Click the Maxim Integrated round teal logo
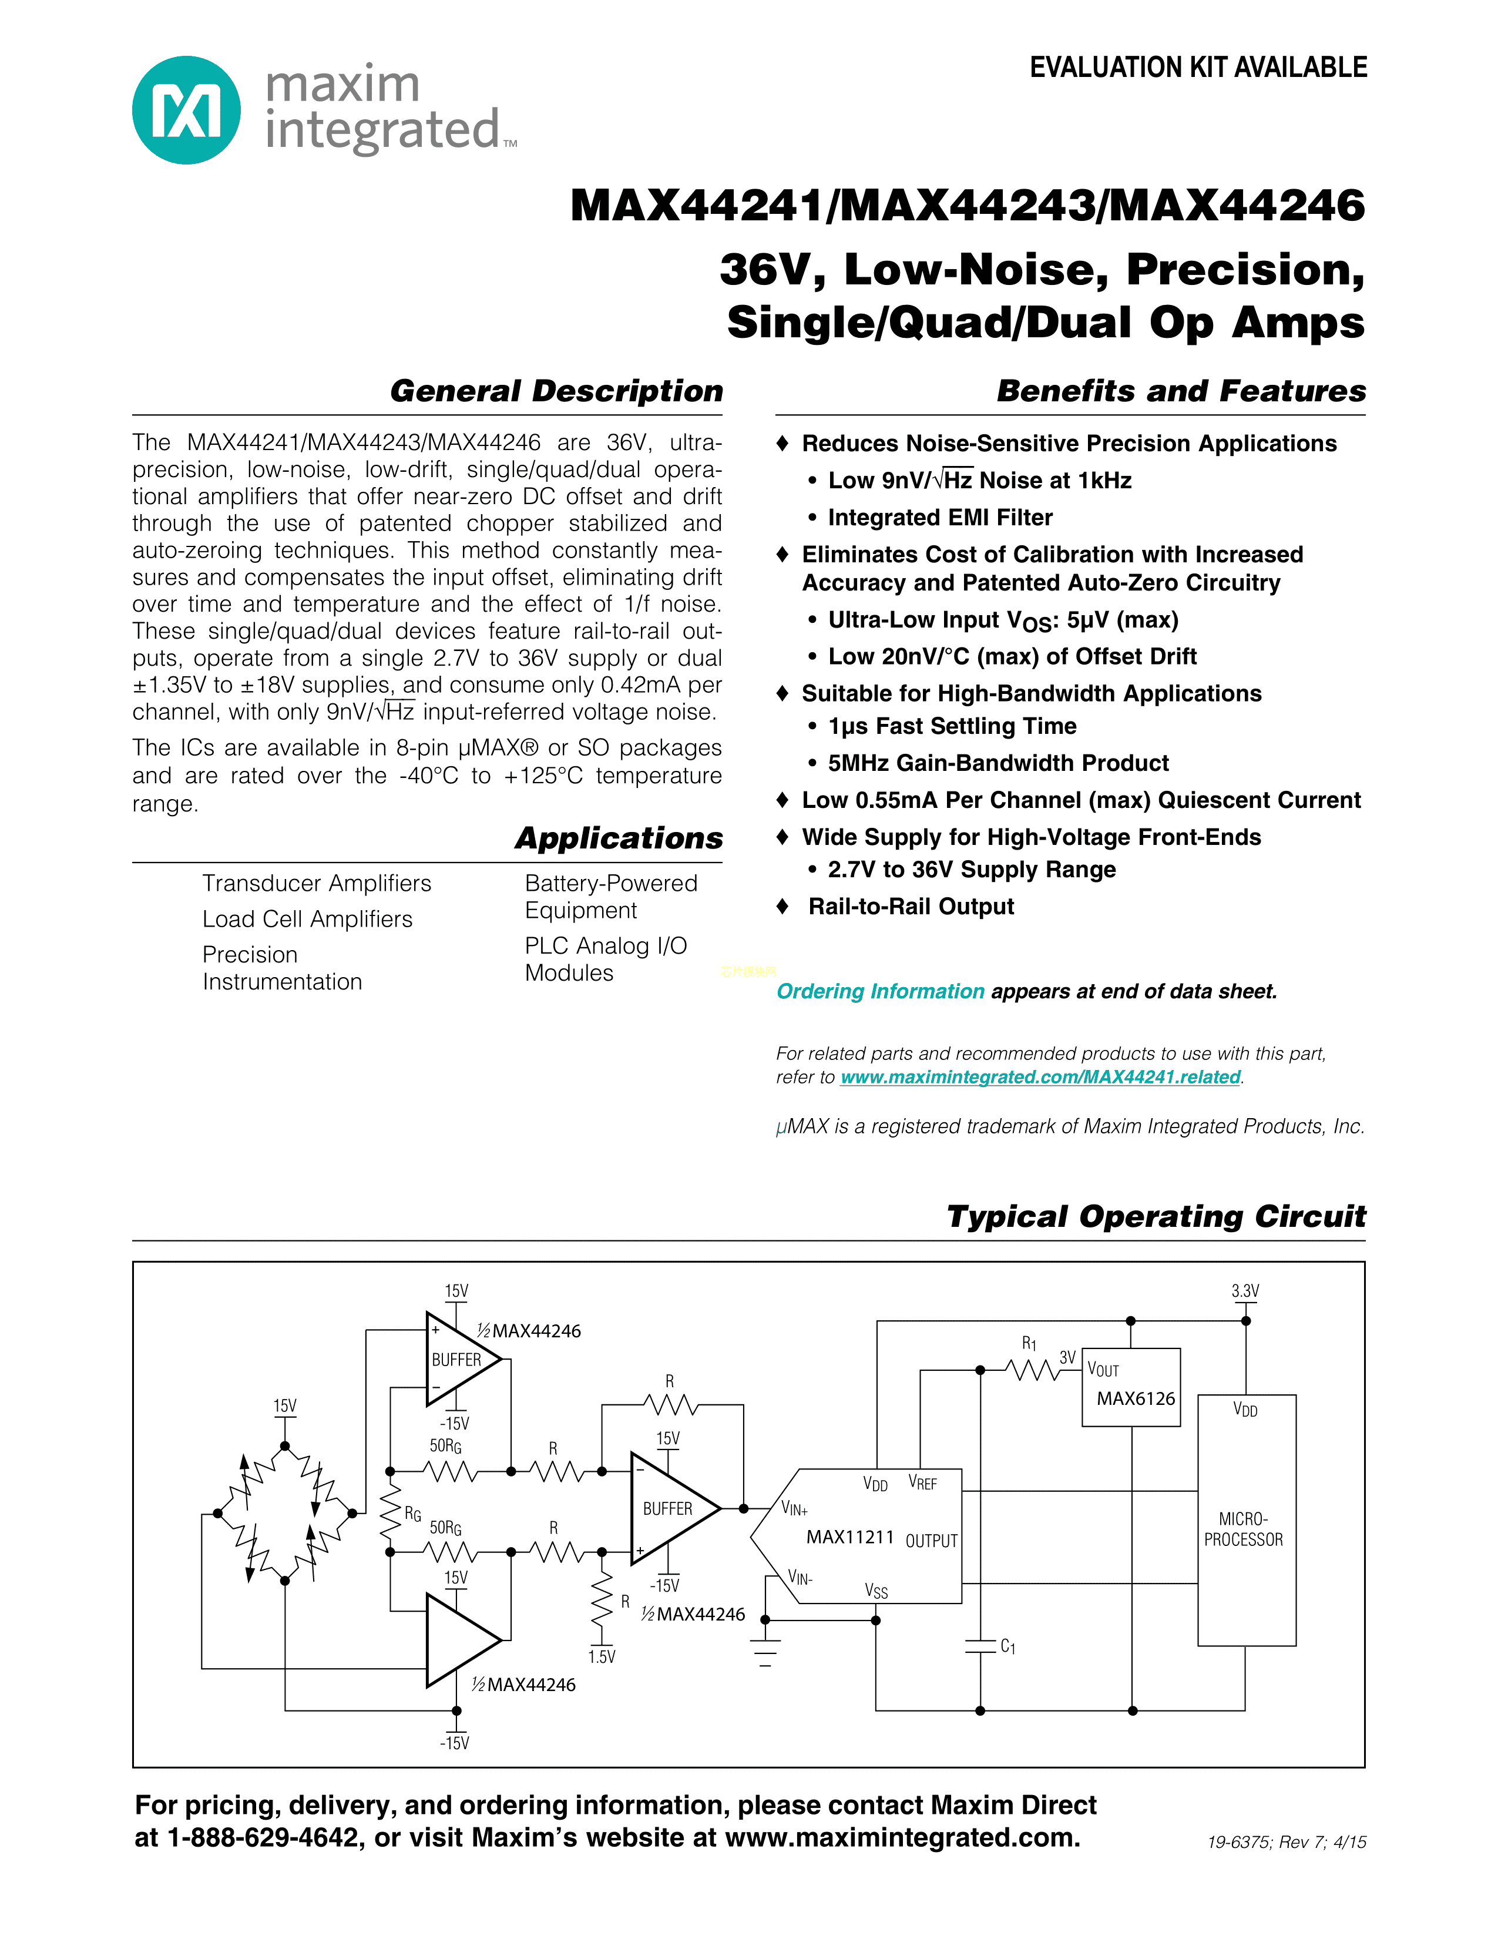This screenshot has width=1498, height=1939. point(186,110)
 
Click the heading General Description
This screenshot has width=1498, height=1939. point(556,391)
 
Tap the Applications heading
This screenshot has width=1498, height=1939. point(619,838)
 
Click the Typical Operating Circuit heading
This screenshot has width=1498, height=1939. point(1156,1216)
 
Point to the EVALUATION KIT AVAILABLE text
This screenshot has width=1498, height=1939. point(1198,68)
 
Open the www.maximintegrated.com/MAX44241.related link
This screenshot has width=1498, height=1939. point(1040,1077)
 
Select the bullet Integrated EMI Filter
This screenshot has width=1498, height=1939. point(940,518)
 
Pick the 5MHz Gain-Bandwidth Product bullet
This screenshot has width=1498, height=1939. point(997,763)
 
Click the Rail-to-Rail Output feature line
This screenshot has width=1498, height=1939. point(911,907)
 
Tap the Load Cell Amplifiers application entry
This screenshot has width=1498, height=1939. point(307,919)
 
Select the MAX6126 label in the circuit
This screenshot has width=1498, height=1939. point(1135,1398)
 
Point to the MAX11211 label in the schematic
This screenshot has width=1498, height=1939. point(849,1537)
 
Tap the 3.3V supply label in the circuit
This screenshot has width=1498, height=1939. point(1245,1291)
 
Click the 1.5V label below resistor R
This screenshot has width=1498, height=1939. point(602,1657)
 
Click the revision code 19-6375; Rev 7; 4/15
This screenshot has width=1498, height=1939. point(1286,1842)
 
